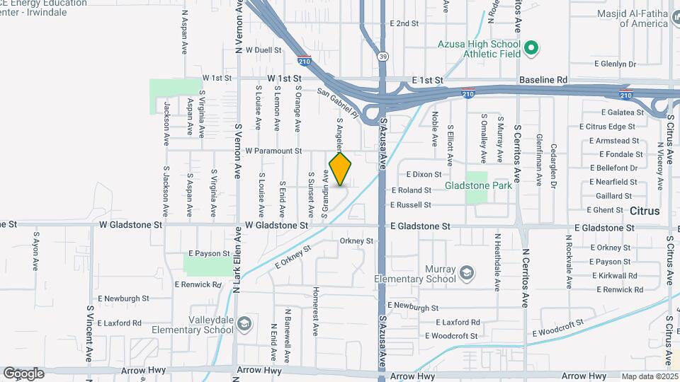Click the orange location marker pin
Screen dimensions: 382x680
(x=340, y=168)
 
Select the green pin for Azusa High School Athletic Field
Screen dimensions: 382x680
(x=531, y=48)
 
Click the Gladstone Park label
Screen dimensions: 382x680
(x=478, y=186)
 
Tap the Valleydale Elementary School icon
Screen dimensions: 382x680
(x=244, y=324)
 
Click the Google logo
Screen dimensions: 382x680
(x=23, y=374)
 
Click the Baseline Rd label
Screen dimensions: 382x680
(x=543, y=80)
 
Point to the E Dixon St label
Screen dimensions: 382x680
(x=424, y=174)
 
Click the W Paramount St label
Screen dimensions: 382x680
(x=273, y=151)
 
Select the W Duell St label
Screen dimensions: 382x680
(x=263, y=50)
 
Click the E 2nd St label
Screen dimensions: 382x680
(x=404, y=23)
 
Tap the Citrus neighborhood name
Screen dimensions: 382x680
(x=644, y=211)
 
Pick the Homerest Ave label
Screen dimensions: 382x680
(x=316, y=304)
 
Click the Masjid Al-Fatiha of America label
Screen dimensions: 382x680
(x=643, y=18)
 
